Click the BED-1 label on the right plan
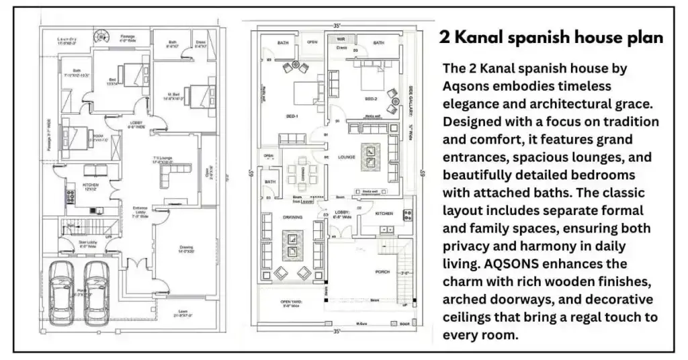(292, 116)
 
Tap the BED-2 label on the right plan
(371, 98)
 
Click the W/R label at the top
(341, 40)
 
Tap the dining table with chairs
(302, 174)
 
